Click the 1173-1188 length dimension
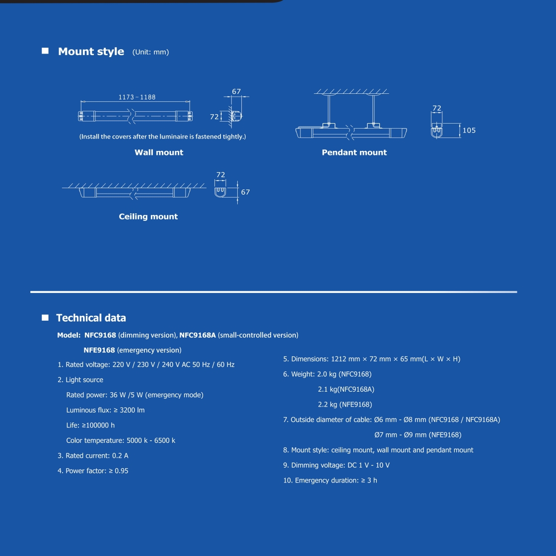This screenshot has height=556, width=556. click(137, 97)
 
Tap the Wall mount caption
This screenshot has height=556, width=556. click(159, 152)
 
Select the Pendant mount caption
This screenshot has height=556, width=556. click(354, 152)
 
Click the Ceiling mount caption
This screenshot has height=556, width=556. click(148, 216)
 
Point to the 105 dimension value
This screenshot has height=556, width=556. click(469, 131)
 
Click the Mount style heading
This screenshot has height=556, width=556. click(91, 52)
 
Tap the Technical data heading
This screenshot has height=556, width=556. click(91, 318)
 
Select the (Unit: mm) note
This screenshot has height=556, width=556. click(151, 52)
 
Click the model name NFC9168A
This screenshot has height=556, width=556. click(198, 335)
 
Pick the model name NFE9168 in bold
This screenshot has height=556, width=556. click(99, 350)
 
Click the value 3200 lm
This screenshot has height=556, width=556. click(132, 410)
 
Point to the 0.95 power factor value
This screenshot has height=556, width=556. click(121, 471)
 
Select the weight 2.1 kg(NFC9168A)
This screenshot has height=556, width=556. click(346, 389)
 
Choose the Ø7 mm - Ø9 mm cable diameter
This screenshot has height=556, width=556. click(401, 435)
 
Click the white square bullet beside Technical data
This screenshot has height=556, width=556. click(45, 317)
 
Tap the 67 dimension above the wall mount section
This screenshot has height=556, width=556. click(236, 91)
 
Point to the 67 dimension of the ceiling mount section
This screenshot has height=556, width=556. click(245, 192)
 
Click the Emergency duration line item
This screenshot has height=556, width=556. click(330, 481)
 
